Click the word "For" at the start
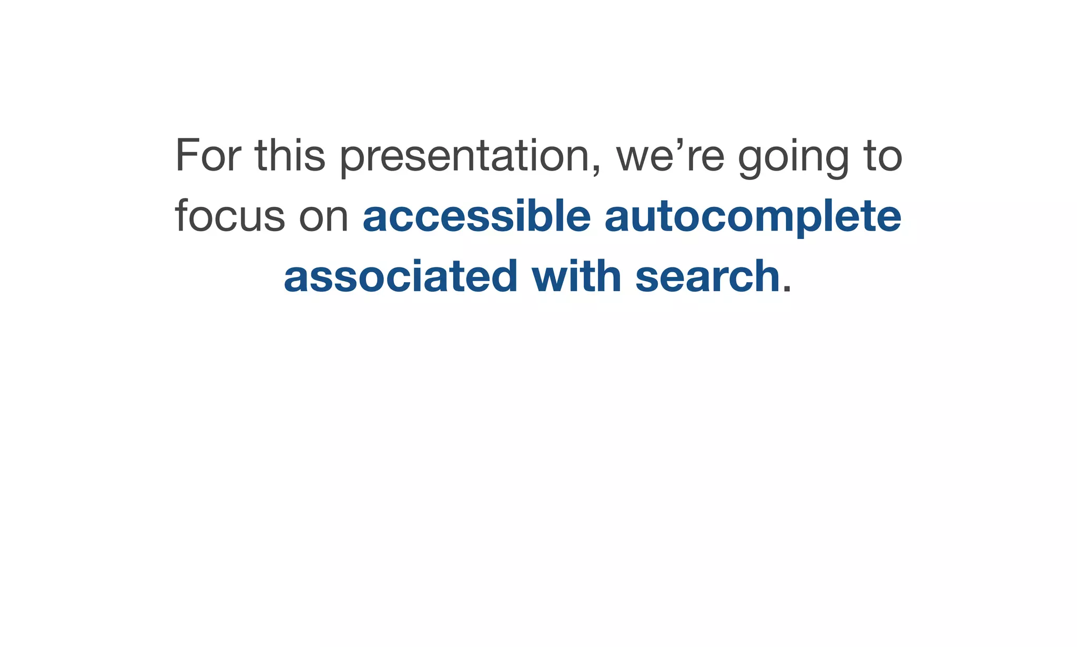[208, 155]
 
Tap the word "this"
[290, 155]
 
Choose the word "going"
[794, 158]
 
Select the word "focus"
[230, 216]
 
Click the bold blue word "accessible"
[477, 216]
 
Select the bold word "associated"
[401, 276]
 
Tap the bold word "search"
[707, 276]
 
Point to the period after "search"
[787, 290]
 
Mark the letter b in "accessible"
[539, 215]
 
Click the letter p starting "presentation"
[351, 160]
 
